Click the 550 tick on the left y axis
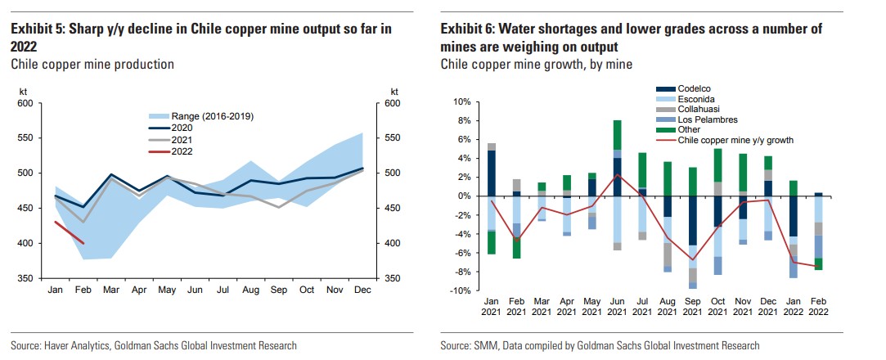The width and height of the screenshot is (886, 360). coord(25,138)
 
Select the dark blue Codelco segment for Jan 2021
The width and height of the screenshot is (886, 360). coord(492,173)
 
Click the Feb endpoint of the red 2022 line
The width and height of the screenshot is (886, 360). coord(82,243)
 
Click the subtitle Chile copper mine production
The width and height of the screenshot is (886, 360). coord(92,63)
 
